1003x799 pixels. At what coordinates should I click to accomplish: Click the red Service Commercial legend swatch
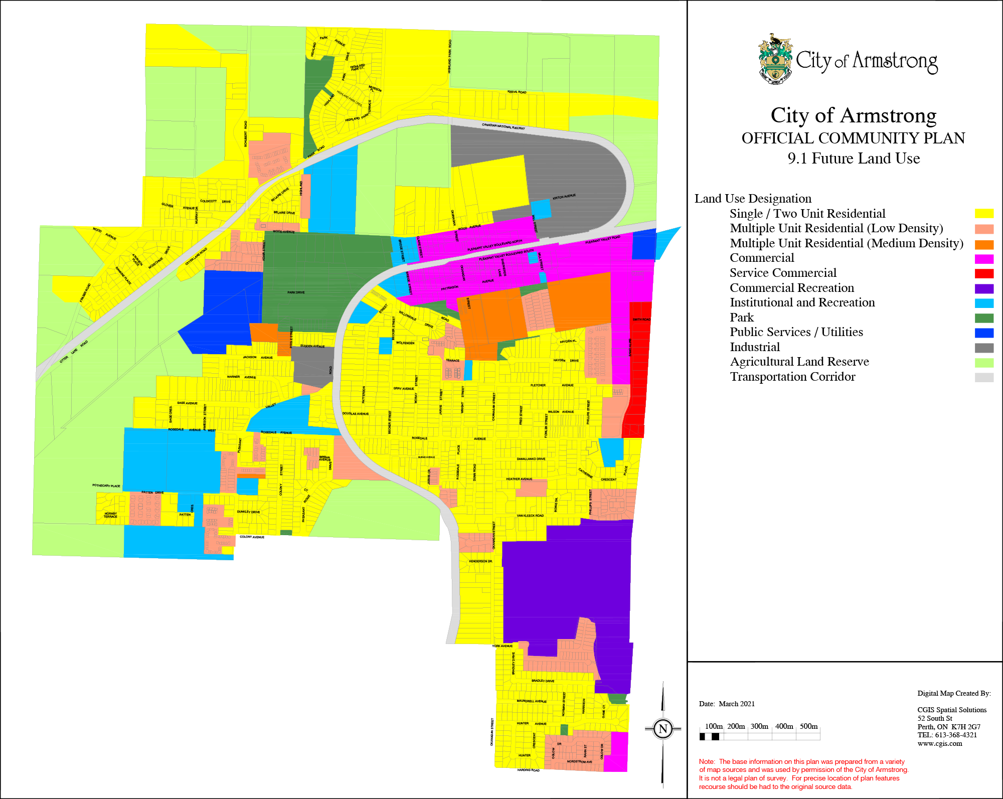coord(984,273)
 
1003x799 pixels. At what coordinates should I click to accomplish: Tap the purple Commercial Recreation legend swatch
coord(984,288)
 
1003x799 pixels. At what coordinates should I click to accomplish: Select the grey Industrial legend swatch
coord(984,348)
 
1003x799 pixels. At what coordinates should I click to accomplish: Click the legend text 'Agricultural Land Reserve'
coord(799,362)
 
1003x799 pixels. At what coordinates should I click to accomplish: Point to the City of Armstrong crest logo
coord(775,59)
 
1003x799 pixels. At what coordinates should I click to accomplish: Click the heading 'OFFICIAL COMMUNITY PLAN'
coord(853,138)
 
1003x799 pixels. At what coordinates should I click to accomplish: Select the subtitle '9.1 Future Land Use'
coord(853,158)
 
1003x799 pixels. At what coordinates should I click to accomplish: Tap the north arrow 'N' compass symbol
coord(662,729)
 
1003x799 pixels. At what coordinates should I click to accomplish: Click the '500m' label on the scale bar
coord(808,726)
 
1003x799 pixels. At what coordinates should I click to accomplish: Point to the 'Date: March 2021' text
coord(727,704)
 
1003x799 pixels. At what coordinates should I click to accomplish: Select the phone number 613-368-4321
coord(955,735)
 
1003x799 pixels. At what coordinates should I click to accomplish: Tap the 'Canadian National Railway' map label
coord(503,126)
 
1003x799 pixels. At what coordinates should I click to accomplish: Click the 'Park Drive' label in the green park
coord(296,292)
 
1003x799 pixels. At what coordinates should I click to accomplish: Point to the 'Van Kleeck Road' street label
coord(530,516)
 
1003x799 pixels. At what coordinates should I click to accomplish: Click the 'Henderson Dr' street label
coord(480,561)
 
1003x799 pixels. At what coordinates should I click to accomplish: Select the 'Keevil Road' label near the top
coord(517,92)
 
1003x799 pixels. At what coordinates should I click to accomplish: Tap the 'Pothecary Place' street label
coord(106,486)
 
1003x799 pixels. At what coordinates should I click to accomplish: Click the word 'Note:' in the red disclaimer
coord(707,761)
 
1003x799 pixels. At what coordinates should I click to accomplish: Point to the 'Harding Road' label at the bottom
coord(528,770)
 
